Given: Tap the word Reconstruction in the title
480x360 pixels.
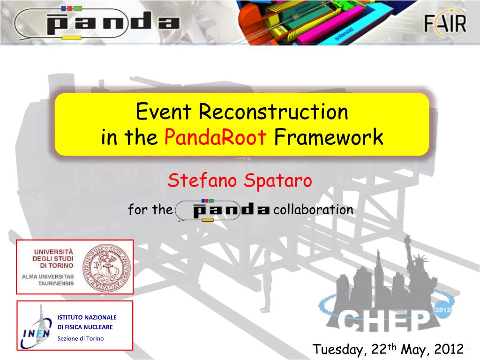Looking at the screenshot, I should [273, 112].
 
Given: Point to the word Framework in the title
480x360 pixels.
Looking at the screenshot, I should [329, 138].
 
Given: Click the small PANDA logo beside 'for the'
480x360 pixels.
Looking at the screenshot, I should [223, 210].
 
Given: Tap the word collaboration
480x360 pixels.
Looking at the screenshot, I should [313, 210].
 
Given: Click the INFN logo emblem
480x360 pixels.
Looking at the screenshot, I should [37, 326].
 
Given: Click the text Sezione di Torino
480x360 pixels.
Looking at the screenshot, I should [80, 338].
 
